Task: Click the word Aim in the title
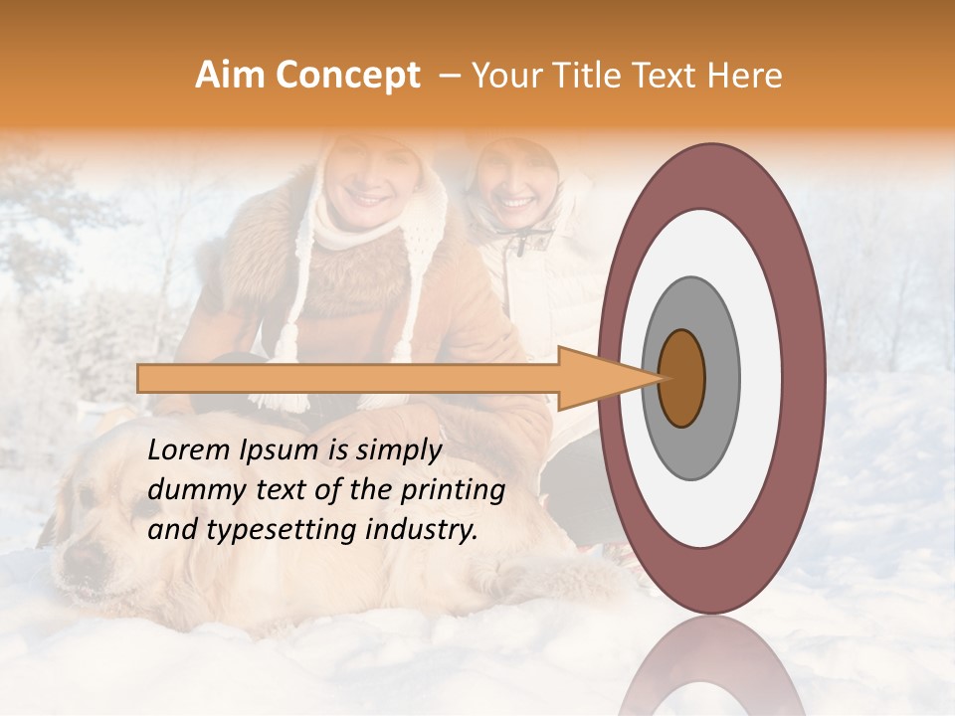(231, 76)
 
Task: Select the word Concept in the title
(348, 77)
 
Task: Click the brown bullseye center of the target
(682, 379)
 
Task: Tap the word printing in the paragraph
(458, 490)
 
